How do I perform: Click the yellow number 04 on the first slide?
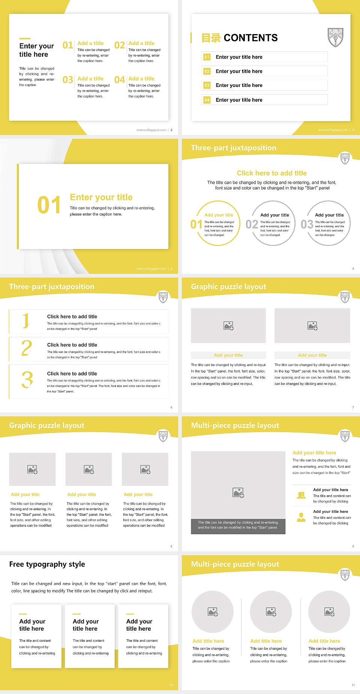coord(119,80)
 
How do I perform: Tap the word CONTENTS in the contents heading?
coord(250,38)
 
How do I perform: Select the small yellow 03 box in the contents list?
coord(207,86)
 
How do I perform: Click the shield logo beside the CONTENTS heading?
coord(335,37)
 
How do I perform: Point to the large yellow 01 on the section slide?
coord(49,205)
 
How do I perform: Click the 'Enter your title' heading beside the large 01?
coord(101,197)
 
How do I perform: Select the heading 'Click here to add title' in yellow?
coord(271,173)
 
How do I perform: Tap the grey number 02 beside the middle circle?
coord(252,224)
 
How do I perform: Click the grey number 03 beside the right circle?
coord(307,224)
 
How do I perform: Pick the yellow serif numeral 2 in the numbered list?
coord(27,348)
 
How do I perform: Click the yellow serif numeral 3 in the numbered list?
coord(27,380)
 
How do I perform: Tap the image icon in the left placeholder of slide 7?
coord(228,326)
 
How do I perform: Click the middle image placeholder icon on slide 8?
coord(89,469)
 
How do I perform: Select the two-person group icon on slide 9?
coord(301,495)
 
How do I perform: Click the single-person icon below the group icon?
coord(301,517)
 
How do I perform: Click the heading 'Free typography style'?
coord(47,564)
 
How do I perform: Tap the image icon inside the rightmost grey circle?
coord(329,612)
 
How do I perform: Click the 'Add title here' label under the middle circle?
coord(266,641)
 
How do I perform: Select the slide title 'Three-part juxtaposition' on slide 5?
coord(233,148)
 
